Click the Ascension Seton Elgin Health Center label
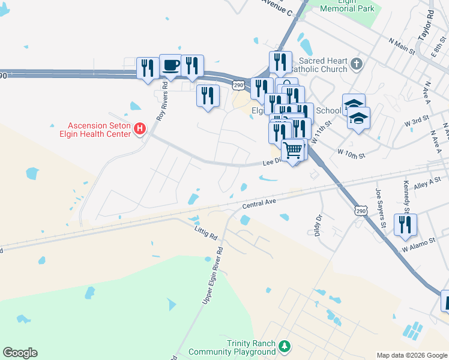(x=99, y=130)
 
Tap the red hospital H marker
(x=140, y=129)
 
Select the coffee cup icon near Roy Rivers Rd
(x=170, y=65)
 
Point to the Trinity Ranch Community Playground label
(x=232, y=347)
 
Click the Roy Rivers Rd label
(x=161, y=106)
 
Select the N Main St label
(x=402, y=47)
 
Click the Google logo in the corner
(x=20, y=353)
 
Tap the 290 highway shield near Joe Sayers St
(x=360, y=211)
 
